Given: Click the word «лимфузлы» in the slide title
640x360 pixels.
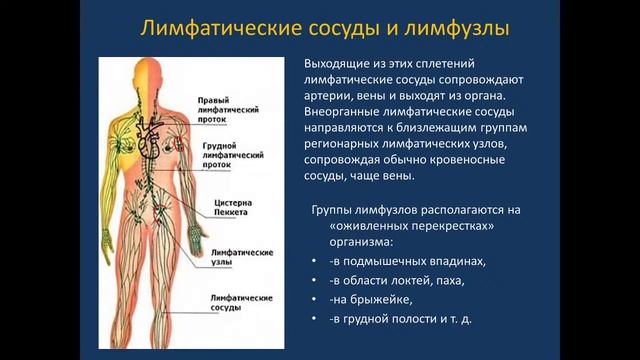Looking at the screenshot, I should pyautogui.click(x=453, y=26).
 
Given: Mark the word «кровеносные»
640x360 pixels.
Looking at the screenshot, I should pyautogui.click(x=501, y=160).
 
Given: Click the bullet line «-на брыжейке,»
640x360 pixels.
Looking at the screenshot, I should pyautogui.click(x=369, y=299).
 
